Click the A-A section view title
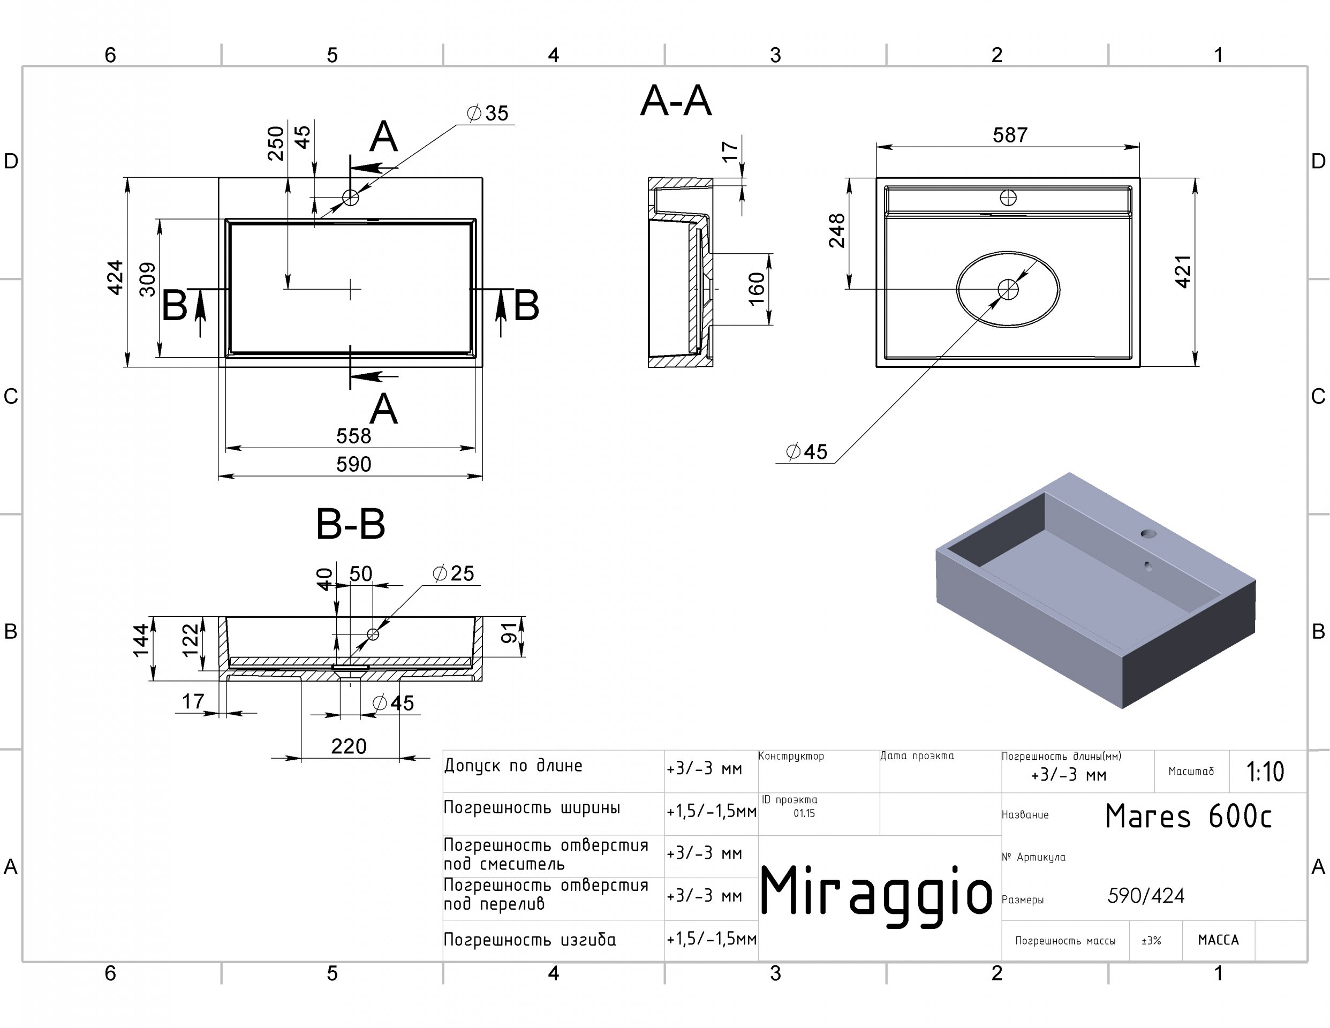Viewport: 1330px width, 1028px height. pyautogui.click(x=676, y=101)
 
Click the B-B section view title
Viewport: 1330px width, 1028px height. pyautogui.click(x=351, y=524)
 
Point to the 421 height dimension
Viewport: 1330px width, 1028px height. pyautogui.click(x=1182, y=271)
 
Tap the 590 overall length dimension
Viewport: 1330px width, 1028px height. pyautogui.click(x=353, y=465)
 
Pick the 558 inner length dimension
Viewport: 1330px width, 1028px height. pyautogui.click(x=353, y=436)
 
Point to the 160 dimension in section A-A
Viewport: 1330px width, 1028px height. pyautogui.click(x=755, y=289)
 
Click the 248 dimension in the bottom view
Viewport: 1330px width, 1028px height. pyautogui.click(x=837, y=231)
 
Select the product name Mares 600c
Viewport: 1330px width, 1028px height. pyautogui.click(x=1188, y=817)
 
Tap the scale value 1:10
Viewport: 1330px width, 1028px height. pyautogui.click(x=1265, y=772)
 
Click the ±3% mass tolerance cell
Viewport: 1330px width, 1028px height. pyautogui.click(x=1151, y=941)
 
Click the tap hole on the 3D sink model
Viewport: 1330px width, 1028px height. pyautogui.click(x=1148, y=534)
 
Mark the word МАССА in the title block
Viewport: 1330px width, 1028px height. pyautogui.click(x=1218, y=940)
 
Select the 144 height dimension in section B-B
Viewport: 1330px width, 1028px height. pyautogui.click(x=141, y=641)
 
